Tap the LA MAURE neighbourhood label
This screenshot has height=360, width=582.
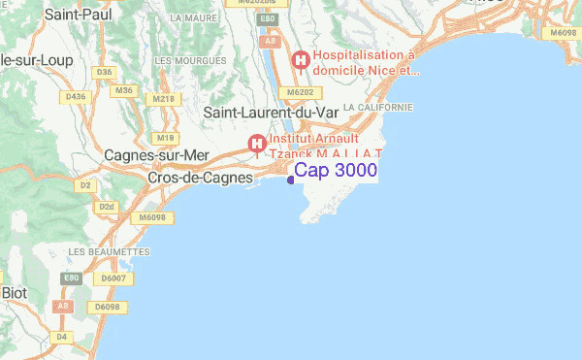(191, 17)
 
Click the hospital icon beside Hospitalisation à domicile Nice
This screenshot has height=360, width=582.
(302, 60)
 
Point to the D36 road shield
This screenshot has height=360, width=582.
(105, 72)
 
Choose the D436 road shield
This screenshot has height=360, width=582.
(75, 95)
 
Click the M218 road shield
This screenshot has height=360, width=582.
(163, 98)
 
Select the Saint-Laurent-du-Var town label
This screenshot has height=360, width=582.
(271, 114)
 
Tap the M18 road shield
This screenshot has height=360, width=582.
(165, 138)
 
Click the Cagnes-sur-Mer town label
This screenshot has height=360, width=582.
(155, 155)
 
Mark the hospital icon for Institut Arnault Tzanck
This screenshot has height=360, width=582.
(257, 145)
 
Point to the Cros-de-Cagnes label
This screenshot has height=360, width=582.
(198, 179)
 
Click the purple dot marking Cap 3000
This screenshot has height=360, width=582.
(291, 179)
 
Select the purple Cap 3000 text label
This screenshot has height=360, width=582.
(336, 170)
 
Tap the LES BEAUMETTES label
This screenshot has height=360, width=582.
(109, 251)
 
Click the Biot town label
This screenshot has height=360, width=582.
(14, 292)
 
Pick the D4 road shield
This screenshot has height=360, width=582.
(62, 337)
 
